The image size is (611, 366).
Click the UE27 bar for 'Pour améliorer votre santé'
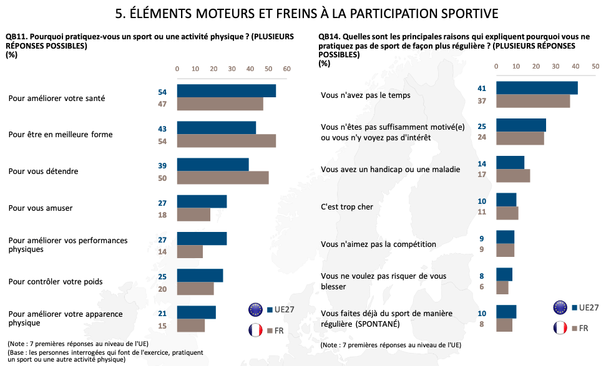(x=227, y=91)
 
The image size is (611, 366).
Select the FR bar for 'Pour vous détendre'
(x=223, y=177)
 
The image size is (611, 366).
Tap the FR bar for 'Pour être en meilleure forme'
(x=227, y=140)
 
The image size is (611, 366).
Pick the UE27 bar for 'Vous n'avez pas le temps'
(x=537, y=88)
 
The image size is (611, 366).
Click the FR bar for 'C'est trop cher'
(x=507, y=213)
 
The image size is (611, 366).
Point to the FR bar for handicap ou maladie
(x=513, y=176)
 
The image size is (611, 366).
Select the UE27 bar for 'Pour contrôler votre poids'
(x=200, y=276)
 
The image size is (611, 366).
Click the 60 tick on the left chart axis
(x=287, y=69)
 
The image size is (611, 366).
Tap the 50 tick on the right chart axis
(x=595, y=66)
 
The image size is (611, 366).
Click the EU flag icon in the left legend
(x=256, y=309)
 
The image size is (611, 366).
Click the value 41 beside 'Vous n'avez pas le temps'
(x=482, y=89)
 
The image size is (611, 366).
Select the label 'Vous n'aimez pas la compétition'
(x=378, y=244)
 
